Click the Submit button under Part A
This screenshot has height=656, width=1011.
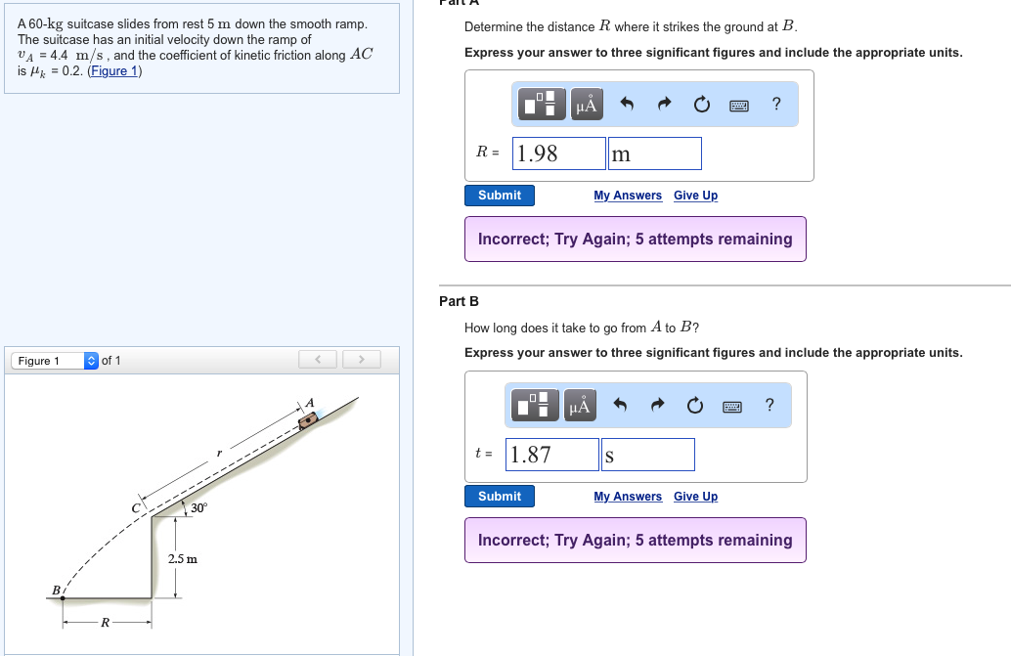[x=499, y=196]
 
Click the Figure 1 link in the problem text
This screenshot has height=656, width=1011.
[x=114, y=71]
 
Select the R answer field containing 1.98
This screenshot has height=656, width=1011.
[x=559, y=153]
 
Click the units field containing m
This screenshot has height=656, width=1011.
[x=654, y=153]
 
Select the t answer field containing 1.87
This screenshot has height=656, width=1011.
[x=551, y=455]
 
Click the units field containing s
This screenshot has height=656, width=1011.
[x=648, y=455]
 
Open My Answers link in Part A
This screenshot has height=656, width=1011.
[x=628, y=196]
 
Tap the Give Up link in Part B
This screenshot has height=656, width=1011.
[x=695, y=497]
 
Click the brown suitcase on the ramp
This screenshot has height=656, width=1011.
[x=308, y=421]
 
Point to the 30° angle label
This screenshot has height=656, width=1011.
[x=198, y=507]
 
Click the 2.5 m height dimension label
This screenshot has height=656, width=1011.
[x=183, y=558]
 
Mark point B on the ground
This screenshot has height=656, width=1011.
[x=63, y=598]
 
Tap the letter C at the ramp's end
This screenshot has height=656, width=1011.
[x=135, y=508]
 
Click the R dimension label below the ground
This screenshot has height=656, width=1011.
[x=105, y=622]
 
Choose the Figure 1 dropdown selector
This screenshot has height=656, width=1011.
[x=55, y=361]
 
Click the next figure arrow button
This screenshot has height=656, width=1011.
[x=361, y=360]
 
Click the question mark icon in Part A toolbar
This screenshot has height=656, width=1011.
[x=776, y=104]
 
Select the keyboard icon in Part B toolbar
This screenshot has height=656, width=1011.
[x=731, y=407]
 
